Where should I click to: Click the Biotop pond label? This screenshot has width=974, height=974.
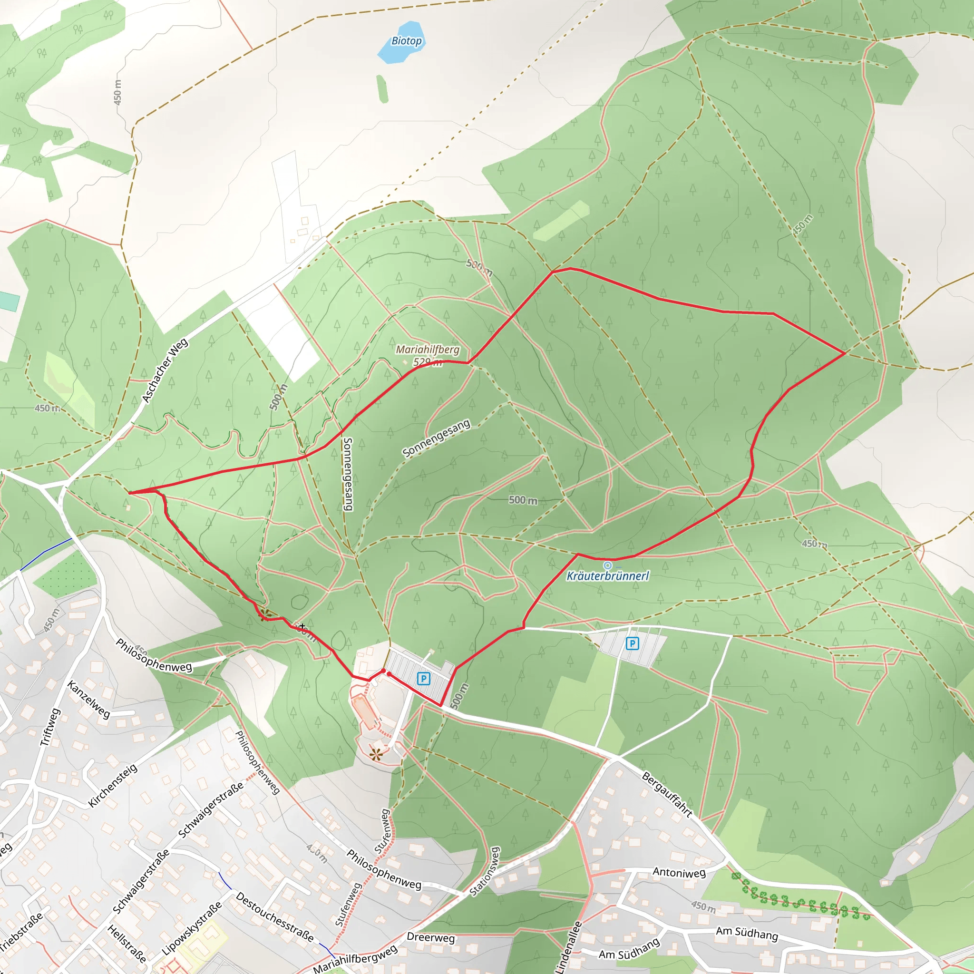point(406,41)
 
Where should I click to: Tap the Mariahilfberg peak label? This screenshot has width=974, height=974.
point(428,350)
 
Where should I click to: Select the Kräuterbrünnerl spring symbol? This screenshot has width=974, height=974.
point(607,565)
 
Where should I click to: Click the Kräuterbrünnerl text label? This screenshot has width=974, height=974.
point(607,576)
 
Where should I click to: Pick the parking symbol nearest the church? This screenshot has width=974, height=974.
point(423,679)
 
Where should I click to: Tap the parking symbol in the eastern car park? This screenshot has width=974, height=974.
point(632,643)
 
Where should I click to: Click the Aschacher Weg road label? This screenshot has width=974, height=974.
point(165,370)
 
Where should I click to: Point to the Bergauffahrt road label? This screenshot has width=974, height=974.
point(667,794)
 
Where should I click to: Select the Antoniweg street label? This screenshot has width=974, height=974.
point(679,872)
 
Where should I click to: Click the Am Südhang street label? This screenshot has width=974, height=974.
point(747,933)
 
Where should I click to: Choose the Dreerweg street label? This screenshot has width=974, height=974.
point(430,937)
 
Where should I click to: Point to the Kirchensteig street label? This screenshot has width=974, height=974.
point(112,786)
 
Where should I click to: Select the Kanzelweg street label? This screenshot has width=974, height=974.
point(89,699)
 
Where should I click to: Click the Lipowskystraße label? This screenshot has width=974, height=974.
point(192,928)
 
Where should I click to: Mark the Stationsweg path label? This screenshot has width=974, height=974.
point(485,871)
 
